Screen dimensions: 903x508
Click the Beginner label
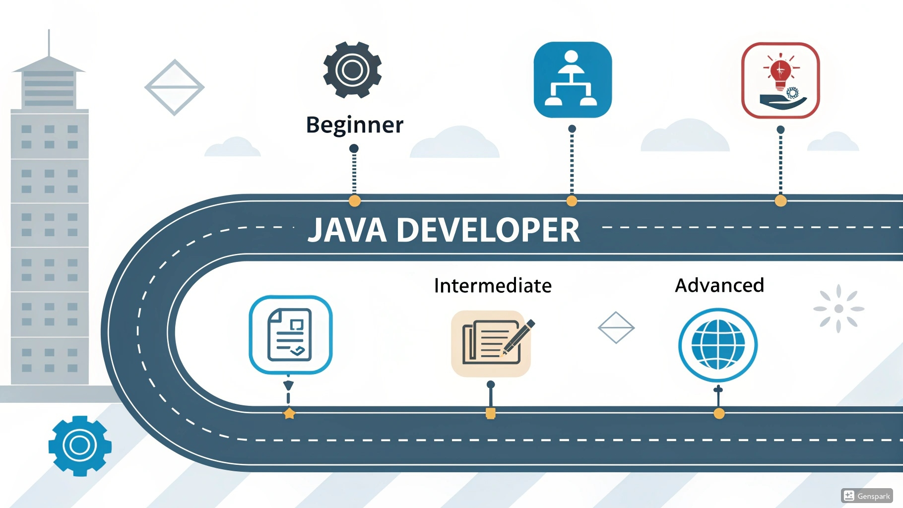tap(355, 125)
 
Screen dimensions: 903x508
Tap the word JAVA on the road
tap(347, 230)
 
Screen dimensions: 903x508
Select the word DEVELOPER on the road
tap(488, 230)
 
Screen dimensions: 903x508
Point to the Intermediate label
tap(493, 286)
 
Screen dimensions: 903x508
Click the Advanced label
tap(719, 285)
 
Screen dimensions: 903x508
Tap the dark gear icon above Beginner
tap(352, 70)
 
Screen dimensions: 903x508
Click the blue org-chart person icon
tap(573, 80)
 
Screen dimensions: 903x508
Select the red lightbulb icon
tap(780, 80)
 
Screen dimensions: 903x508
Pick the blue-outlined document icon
tap(291, 334)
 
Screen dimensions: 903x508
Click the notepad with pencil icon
tap(491, 343)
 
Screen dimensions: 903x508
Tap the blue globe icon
tap(718, 345)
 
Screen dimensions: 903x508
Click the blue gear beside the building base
tap(80, 446)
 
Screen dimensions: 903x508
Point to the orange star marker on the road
tap(289, 413)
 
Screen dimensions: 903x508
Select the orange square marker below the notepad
tap(491, 413)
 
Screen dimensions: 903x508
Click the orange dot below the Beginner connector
tap(354, 201)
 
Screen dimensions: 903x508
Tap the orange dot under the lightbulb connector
tap(780, 201)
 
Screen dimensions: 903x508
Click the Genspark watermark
tap(867, 496)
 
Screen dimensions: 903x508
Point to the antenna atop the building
tap(49, 43)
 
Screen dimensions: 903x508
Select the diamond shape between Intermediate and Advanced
tap(616, 327)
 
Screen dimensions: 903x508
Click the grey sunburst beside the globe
tap(838, 309)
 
